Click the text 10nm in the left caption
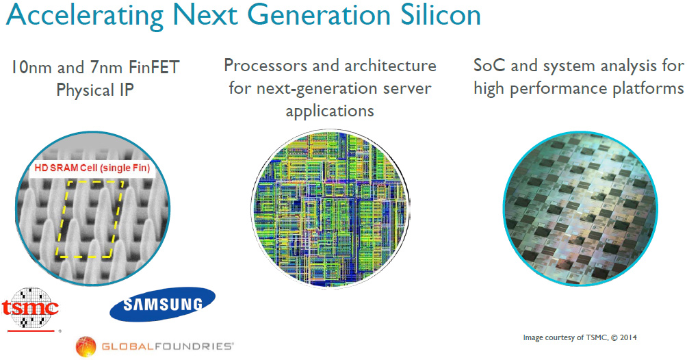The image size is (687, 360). (31, 68)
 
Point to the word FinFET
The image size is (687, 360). (154, 68)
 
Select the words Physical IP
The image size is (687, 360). (95, 90)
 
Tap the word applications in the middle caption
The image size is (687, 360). (330, 112)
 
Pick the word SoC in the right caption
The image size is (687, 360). (490, 66)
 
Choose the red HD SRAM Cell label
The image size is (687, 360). (92, 168)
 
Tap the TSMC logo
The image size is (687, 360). (30, 309)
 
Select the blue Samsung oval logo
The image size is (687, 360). (163, 304)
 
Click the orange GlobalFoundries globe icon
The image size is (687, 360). (86, 346)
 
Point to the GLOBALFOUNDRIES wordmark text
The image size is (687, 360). (167, 346)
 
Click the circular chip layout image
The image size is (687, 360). (330, 209)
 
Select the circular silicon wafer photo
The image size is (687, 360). (580, 209)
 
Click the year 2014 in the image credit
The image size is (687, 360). (628, 337)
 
